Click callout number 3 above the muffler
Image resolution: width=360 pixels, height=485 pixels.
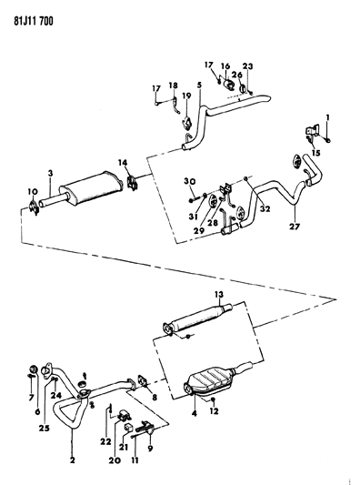pos(51,173)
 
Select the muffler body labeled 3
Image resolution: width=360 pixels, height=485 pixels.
pos(92,186)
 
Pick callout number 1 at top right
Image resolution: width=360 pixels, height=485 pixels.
pos(328,116)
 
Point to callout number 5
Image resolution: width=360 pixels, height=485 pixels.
pos(185,84)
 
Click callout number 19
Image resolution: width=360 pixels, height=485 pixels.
pos(187,96)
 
